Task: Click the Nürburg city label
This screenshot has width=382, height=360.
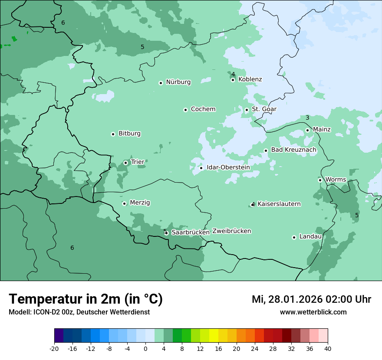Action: pyautogui.click(x=178, y=82)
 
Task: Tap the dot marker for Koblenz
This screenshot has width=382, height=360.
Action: pyautogui.click(x=233, y=80)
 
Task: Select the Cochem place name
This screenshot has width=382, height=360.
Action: pyautogui.click(x=203, y=109)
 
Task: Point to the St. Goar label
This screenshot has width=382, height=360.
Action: pyautogui.click(x=264, y=109)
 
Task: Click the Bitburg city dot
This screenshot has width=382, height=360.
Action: pyautogui.click(x=113, y=134)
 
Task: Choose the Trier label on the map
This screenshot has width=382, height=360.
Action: pyautogui.click(x=138, y=162)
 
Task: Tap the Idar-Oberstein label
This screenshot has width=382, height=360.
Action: pyautogui.click(x=228, y=167)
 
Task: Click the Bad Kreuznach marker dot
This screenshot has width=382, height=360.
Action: pyautogui.click(x=266, y=151)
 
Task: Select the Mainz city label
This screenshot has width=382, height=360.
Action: pyautogui.click(x=322, y=130)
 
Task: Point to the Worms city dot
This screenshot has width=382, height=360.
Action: pyautogui.click(x=320, y=180)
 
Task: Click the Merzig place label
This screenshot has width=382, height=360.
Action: pyautogui.click(x=140, y=203)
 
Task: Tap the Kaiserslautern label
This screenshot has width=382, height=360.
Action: pyautogui.click(x=279, y=204)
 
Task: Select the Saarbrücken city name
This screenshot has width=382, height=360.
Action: pyautogui.click(x=191, y=232)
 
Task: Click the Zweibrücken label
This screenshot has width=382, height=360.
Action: pyautogui.click(x=232, y=231)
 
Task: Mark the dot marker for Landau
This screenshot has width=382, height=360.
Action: pyautogui.click(x=294, y=237)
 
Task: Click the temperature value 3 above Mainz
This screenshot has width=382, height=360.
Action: pyautogui.click(x=307, y=118)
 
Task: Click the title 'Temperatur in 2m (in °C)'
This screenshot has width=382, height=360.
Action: pyautogui.click(x=86, y=299)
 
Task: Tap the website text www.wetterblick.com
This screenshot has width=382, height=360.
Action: pyautogui.click(x=313, y=312)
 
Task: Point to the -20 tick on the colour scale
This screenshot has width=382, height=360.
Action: pyautogui.click(x=54, y=348)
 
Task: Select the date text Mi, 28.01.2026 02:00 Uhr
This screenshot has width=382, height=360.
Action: pyautogui.click(x=311, y=299)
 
